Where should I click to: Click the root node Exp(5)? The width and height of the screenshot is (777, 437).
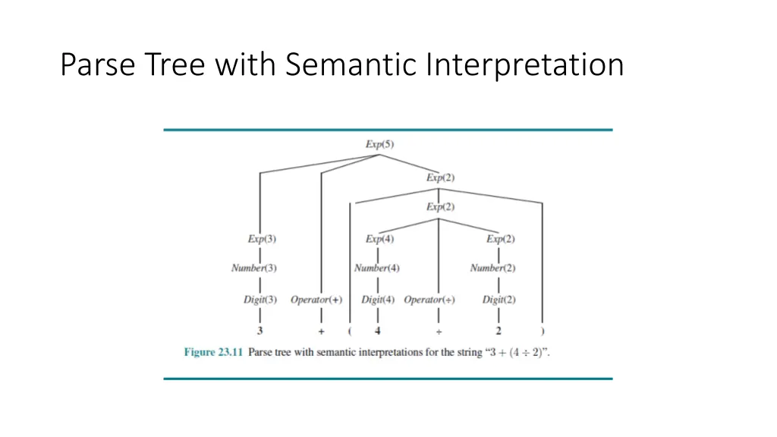(x=379, y=144)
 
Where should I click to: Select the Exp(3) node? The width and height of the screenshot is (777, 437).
(x=262, y=238)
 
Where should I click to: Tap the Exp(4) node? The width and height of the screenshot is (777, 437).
(x=379, y=238)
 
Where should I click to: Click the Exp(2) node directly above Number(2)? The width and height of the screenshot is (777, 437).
(x=500, y=238)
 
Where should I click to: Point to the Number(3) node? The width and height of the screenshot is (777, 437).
(x=254, y=268)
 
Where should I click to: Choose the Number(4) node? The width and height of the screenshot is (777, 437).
(x=377, y=268)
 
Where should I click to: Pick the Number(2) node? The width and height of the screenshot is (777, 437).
(x=492, y=268)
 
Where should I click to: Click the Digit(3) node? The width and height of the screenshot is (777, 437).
(x=260, y=300)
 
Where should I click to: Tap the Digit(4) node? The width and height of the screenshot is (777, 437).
(x=378, y=300)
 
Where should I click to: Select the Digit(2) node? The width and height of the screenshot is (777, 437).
(x=499, y=300)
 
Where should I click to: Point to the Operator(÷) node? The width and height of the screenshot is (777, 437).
(x=429, y=300)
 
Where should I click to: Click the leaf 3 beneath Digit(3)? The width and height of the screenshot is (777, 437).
(x=260, y=331)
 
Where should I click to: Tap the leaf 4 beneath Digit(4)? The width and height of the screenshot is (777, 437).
(x=378, y=331)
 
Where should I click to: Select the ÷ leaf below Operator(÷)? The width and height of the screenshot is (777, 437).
(x=439, y=332)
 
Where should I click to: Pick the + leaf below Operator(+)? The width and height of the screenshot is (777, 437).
(x=321, y=332)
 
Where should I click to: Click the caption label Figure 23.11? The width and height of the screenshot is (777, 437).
(x=213, y=353)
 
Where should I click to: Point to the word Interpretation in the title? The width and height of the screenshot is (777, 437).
(x=524, y=64)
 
